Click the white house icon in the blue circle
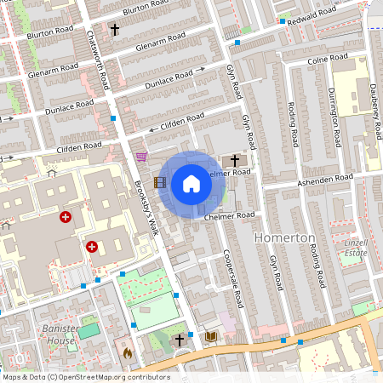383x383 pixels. point(191,183)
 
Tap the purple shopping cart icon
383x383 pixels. point(141,157)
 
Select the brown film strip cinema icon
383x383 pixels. point(159,181)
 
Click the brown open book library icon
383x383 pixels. point(211,338)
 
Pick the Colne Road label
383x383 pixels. point(328,60)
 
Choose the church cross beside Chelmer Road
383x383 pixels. point(235,160)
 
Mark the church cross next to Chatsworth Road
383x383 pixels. point(114,29)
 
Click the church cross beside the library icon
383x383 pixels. point(180,340)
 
